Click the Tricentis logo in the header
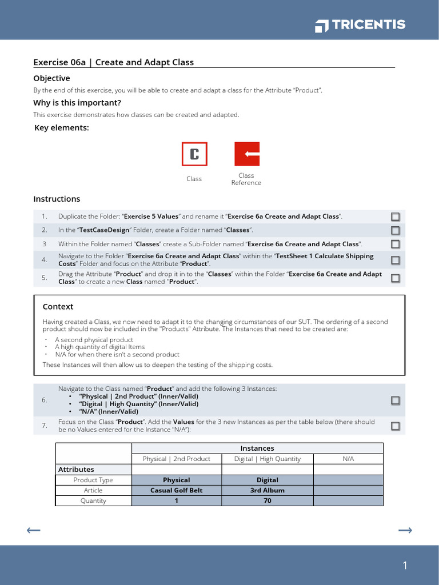[360, 25]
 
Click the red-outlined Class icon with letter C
[194, 154]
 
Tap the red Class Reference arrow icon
[247, 154]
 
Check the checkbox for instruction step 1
[396, 217]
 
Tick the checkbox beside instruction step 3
[396, 244]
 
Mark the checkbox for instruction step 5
[396, 278]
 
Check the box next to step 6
[396, 400]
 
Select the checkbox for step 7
[396, 426]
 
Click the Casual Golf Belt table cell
[177, 490]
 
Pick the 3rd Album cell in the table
[268, 490]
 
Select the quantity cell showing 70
[268, 500]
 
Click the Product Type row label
[93, 480]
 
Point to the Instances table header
[257, 448]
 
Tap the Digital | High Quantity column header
[268, 459]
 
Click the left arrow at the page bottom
[34, 531]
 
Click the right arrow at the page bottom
[405, 531]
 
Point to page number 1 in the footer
[405, 566]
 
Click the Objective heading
[51, 78]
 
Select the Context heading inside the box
[58, 307]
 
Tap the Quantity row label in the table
[93, 500]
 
